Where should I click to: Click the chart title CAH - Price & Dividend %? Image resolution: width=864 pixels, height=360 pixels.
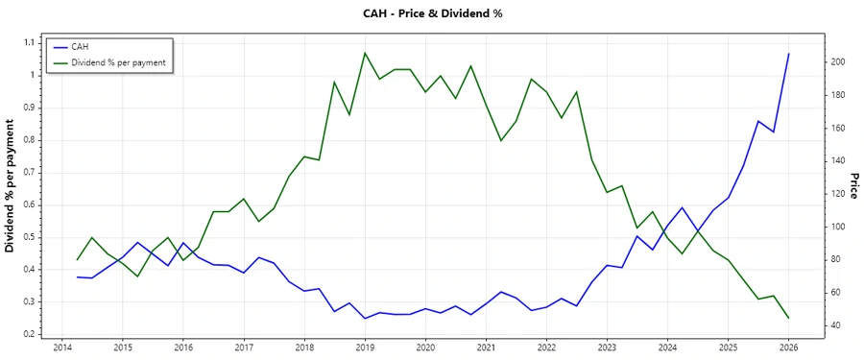(431, 13)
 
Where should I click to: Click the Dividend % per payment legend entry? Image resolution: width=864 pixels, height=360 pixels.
(118, 62)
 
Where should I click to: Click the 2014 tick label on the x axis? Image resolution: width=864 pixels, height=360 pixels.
(62, 347)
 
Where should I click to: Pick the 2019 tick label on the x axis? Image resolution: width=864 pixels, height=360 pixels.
(365, 347)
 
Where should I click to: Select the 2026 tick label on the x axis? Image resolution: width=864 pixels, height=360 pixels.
(788, 347)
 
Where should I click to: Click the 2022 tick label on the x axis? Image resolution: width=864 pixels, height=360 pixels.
(546, 347)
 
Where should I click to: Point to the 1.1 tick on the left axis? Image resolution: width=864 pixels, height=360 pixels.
(29, 42)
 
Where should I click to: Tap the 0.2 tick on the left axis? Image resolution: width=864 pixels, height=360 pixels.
(29, 334)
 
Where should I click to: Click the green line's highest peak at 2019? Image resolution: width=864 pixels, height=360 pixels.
(365, 53)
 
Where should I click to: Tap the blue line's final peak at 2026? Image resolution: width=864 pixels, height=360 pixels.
(788, 54)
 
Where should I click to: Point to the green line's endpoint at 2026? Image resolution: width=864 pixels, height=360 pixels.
(788, 318)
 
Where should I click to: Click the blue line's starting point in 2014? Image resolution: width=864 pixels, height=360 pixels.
(78, 277)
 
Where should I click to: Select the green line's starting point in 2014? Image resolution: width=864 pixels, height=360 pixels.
(78, 260)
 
